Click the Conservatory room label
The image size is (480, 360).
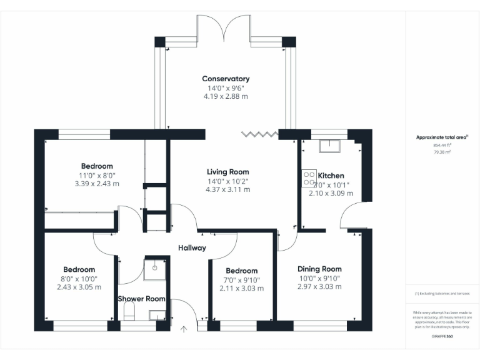[x=226, y=79]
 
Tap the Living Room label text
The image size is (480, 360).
[x=227, y=172]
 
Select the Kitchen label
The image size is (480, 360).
[x=331, y=176]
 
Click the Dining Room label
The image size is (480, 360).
[x=319, y=269]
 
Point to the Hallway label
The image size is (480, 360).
[x=191, y=248]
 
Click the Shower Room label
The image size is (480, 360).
[x=142, y=299]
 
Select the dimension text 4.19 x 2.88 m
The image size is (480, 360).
[x=226, y=96]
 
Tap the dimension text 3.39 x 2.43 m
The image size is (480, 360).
[x=96, y=184]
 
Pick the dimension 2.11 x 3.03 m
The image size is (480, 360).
[x=241, y=289]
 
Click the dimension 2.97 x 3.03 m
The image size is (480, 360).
[x=319, y=286]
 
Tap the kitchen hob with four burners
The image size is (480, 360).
[x=308, y=178]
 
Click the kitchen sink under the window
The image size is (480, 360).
[x=329, y=146]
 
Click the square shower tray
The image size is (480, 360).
[x=152, y=268]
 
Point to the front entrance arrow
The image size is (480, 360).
[x=184, y=329]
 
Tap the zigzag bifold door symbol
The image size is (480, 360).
[x=260, y=134]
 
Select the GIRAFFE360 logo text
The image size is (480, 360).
[x=442, y=336]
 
